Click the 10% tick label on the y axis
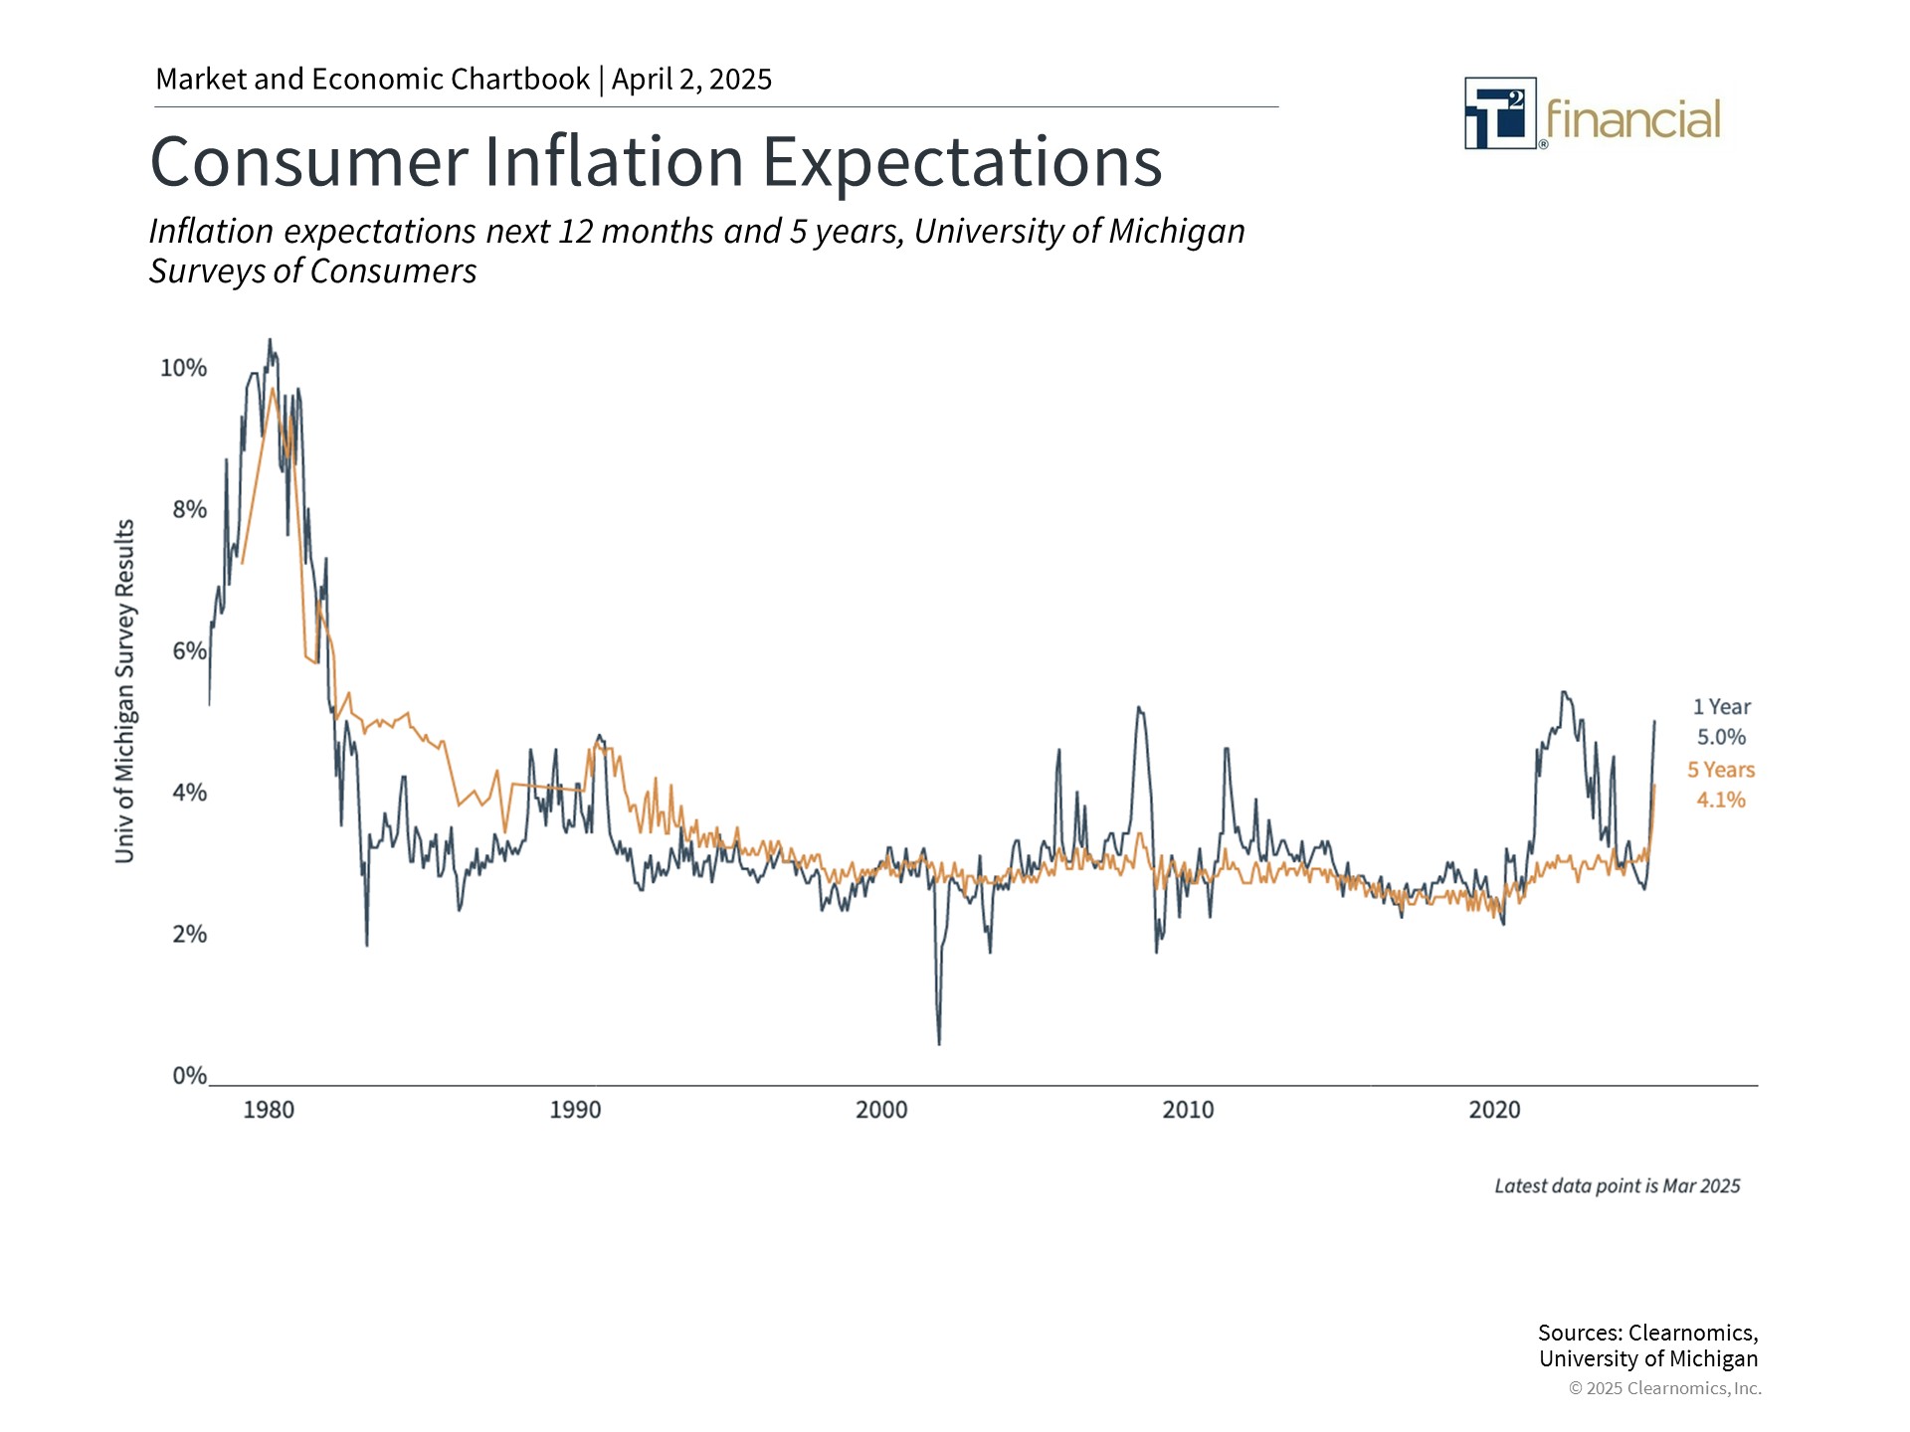184,368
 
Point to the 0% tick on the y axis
189,1075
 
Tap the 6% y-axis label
189,651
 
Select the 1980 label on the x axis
269,1110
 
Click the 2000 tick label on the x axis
881,1110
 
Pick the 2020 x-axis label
1494,1110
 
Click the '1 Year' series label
1722,707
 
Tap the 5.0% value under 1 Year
1722,738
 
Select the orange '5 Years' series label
1721,770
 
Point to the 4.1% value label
1721,801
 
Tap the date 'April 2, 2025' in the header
691,80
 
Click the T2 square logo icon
1500,113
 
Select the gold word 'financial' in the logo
1632,120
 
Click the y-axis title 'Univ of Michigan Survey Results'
124,691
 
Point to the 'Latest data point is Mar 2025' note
1618,1186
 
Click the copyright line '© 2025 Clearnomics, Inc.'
1665,1388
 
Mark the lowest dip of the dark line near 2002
939,1043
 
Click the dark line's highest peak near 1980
270,340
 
